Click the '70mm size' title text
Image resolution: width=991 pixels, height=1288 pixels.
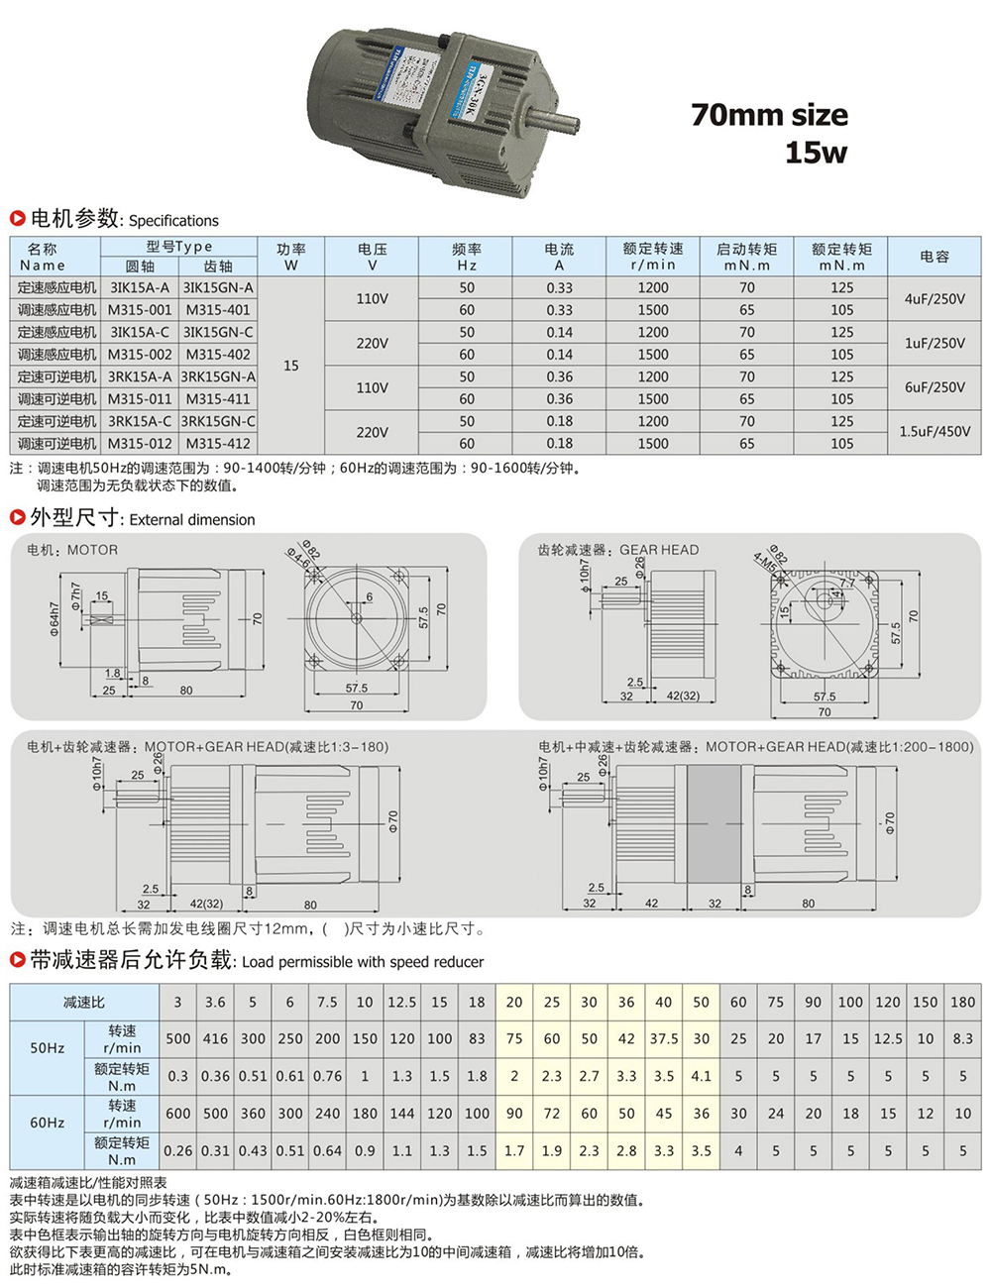pos(769,115)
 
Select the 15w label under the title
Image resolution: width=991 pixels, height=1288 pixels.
pos(816,153)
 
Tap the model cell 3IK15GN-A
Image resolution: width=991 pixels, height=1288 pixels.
pos(218,287)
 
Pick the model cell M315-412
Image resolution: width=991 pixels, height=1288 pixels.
pos(218,444)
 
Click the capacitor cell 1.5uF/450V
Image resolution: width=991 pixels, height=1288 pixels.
pos(935,432)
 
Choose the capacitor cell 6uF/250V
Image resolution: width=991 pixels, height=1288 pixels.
pos(935,387)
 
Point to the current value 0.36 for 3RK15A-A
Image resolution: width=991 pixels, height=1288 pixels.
pos(559,376)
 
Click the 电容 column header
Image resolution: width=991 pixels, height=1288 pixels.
pos(935,257)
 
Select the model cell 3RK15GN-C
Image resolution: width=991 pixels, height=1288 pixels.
pos(218,421)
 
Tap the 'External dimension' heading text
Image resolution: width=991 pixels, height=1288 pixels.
pos(192,519)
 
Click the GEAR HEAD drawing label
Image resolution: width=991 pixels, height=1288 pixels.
pos(659,550)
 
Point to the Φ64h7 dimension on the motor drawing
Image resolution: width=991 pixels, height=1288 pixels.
pos(55,619)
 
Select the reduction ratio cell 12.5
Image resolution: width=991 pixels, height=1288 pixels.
pos(401,1002)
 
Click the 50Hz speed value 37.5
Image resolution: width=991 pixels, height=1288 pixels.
pos(664,1038)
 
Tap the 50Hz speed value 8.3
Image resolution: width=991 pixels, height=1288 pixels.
pos(962,1038)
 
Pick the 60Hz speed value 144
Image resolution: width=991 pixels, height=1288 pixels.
pos(401,1113)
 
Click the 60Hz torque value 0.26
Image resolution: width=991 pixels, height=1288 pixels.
pos(178,1150)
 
